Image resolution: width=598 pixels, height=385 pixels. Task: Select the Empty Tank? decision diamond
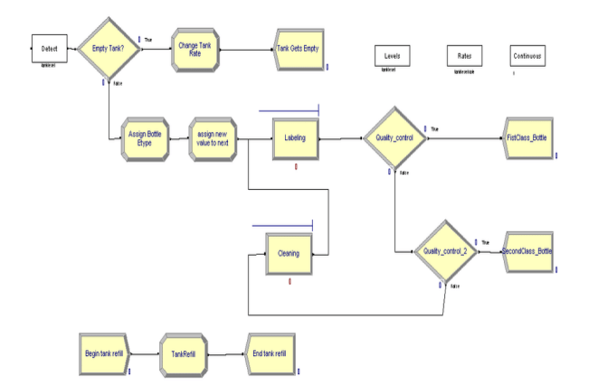(x=108, y=47)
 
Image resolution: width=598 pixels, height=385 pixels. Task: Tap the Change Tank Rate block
(x=194, y=47)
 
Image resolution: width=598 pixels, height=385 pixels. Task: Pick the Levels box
(x=392, y=56)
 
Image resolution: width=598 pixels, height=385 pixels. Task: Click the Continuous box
(x=527, y=56)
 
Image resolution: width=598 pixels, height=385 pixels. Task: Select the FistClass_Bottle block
(x=525, y=139)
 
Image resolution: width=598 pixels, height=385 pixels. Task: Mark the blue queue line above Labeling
(x=289, y=112)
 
